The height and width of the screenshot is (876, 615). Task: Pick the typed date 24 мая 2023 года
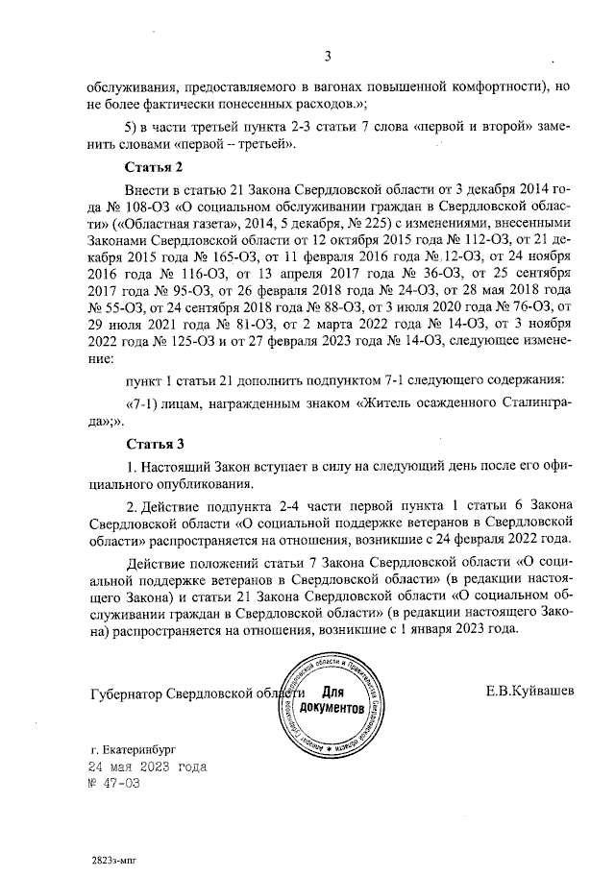click(146, 767)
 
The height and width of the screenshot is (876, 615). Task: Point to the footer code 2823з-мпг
click(117, 862)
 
